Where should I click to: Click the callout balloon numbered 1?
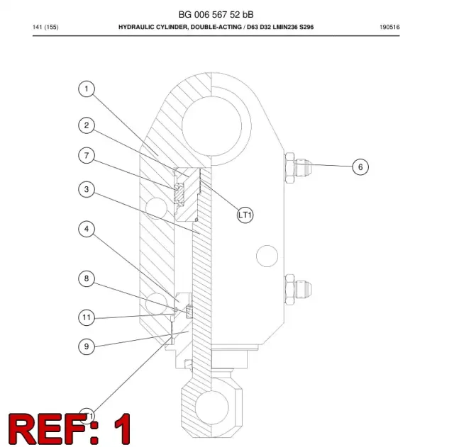[87, 89]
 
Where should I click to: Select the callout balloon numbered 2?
[87, 125]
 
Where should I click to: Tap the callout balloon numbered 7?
[87, 156]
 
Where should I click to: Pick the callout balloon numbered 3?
[87, 189]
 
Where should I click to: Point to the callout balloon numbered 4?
[87, 229]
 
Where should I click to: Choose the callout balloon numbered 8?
[87, 278]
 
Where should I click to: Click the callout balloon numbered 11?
[87, 317]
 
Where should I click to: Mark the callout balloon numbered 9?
[87, 346]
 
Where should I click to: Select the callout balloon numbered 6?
[360, 167]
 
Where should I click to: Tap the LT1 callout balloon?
[245, 215]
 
